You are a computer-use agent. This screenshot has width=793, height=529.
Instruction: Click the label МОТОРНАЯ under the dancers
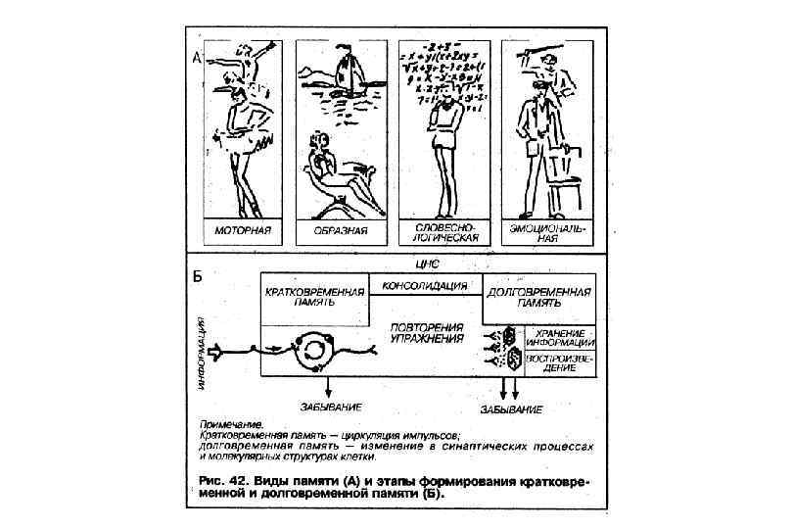pos(242,231)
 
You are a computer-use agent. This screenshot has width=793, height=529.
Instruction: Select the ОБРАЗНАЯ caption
pos(342,231)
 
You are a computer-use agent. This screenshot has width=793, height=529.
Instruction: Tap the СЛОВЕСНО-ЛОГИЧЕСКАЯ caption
pos(442,232)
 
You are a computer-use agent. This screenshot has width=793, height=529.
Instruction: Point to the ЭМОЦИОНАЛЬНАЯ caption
pos(545,232)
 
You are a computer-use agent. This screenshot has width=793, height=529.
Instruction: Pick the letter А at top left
pos(196,59)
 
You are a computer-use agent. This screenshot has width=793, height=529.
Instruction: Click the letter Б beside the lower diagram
pos(196,275)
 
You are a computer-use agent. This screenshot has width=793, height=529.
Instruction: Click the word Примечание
pos(226,424)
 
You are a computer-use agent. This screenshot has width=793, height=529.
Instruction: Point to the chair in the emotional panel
pos(565,176)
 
